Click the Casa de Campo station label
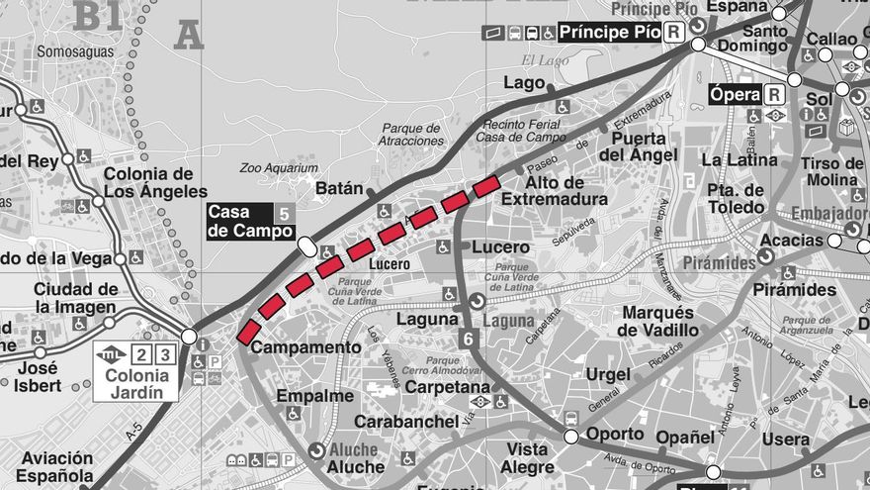[240, 222]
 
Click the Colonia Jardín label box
[135, 372]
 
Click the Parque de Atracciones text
[412, 135]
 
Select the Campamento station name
[306, 347]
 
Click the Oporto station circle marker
[570, 437]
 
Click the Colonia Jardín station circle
[189, 337]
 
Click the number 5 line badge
[285, 213]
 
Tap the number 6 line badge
[469, 338]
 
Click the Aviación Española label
[55, 466]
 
